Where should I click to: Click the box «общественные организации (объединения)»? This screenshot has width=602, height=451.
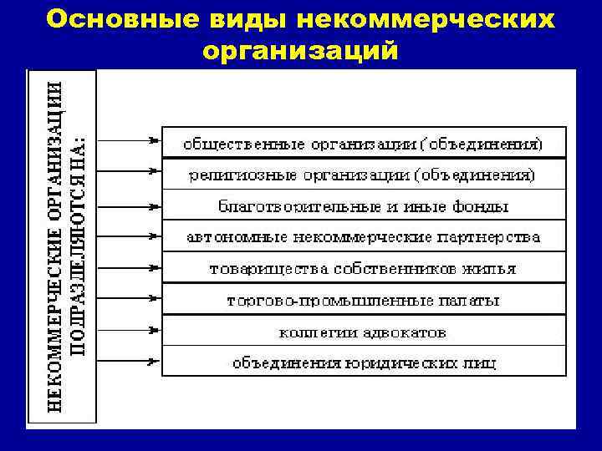(363, 143)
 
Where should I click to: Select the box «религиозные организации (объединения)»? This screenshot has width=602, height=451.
(363, 175)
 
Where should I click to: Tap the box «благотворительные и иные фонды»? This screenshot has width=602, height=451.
(363, 205)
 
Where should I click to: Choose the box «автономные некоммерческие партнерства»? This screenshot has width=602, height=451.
(363, 237)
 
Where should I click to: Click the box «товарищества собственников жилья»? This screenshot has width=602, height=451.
(363, 269)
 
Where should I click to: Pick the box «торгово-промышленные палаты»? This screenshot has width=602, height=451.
(363, 300)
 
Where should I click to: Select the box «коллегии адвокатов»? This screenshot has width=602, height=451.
(363, 332)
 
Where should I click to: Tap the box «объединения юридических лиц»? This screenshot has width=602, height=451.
(363, 362)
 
